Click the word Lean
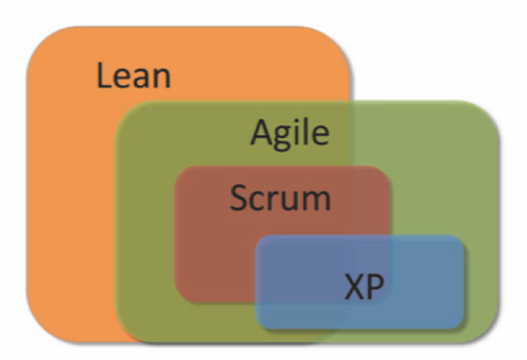134,76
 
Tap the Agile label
290,133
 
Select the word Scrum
281,199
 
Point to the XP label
365,287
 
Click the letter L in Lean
103,76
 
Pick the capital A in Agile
262,132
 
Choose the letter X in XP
355,287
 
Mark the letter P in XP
376,287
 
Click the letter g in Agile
283,138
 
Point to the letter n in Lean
163,79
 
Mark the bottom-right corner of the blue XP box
460,325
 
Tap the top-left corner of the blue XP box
260,239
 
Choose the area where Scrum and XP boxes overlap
323,268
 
